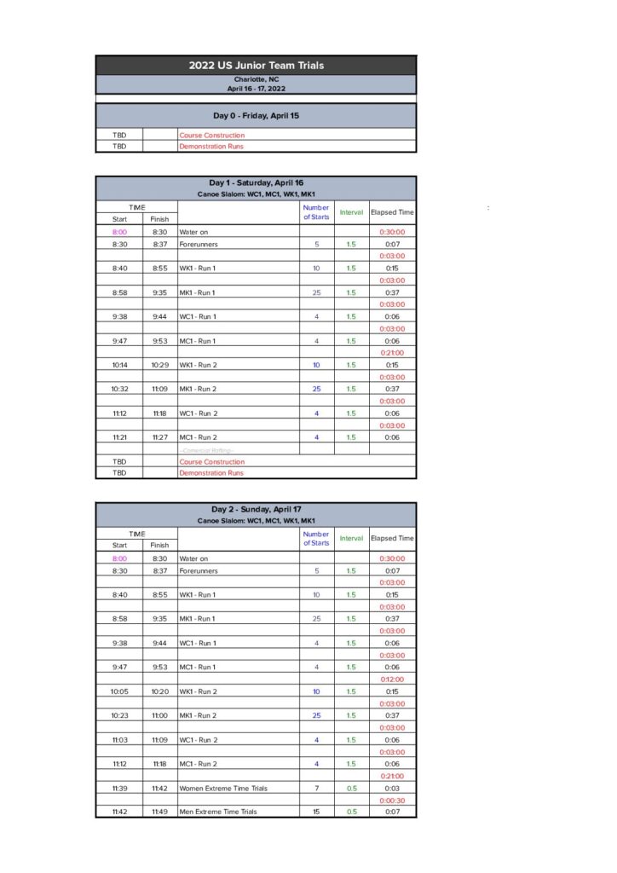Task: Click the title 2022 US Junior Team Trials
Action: [x=256, y=66]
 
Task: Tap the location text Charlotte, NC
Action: [x=256, y=79]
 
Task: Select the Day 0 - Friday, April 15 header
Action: [x=256, y=115]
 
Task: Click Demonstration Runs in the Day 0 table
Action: [x=210, y=147]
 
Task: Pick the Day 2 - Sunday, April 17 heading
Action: [x=256, y=510]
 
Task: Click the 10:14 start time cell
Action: [x=119, y=365]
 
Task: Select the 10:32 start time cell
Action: [x=119, y=389]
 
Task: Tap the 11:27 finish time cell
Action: [x=159, y=437]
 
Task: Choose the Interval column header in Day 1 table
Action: [x=351, y=212]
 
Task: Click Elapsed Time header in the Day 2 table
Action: [x=392, y=539]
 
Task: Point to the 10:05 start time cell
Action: [x=119, y=691]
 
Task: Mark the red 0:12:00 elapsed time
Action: [x=392, y=679]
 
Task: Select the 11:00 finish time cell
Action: [x=159, y=715]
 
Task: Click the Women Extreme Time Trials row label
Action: [x=222, y=789]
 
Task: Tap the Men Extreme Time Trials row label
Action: [x=217, y=812]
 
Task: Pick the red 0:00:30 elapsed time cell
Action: [x=392, y=801]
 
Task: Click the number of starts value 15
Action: [x=316, y=812]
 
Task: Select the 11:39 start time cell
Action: [x=119, y=789]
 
